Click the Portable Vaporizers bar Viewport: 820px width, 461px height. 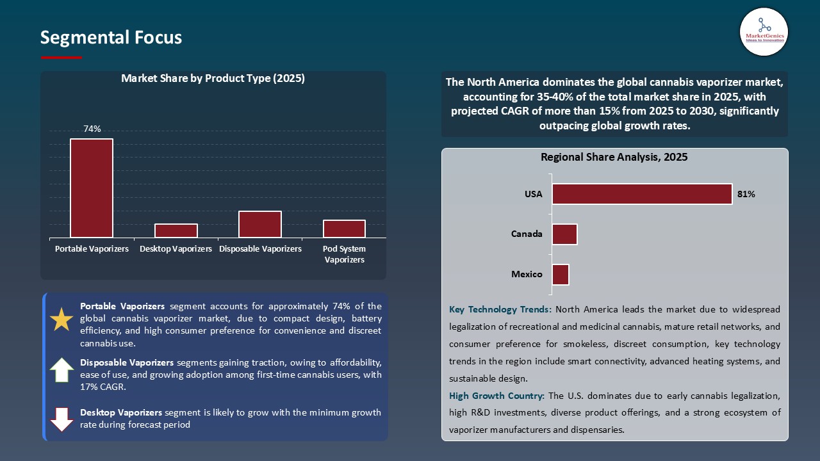pyautogui.click(x=92, y=188)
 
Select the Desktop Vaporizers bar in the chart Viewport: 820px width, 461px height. pyautogui.click(x=176, y=230)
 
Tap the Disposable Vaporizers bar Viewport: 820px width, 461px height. pyautogui.click(x=260, y=224)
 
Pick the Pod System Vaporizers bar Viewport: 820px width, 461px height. pyautogui.click(x=344, y=229)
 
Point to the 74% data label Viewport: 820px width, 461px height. pyautogui.click(x=92, y=129)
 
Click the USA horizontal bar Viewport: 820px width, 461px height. pyautogui.click(x=642, y=194)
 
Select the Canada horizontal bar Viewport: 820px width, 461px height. pyautogui.click(x=564, y=234)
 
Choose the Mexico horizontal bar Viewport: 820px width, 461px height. pyautogui.click(x=561, y=275)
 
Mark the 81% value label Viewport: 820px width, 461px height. pyautogui.click(x=746, y=194)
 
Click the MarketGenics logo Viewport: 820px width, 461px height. pyautogui.click(x=764, y=31)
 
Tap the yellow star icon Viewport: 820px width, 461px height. pyautogui.click(x=61, y=319)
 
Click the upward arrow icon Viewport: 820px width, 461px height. pyautogui.click(x=61, y=370)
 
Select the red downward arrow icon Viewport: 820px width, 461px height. pyautogui.click(x=61, y=419)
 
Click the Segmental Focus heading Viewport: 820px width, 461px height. pyautogui.click(x=111, y=38)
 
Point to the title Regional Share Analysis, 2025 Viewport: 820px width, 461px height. pyautogui.click(x=614, y=157)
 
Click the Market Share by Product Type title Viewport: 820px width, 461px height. pyautogui.click(x=213, y=79)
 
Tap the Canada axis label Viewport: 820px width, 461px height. pyautogui.click(x=527, y=234)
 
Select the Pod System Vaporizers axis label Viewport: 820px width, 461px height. pyautogui.click(x=344, y=254)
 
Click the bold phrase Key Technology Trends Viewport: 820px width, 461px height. pyautogui.click(x=500, y=309)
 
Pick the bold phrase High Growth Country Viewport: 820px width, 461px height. pyautogui.click(x=496, y=396)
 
